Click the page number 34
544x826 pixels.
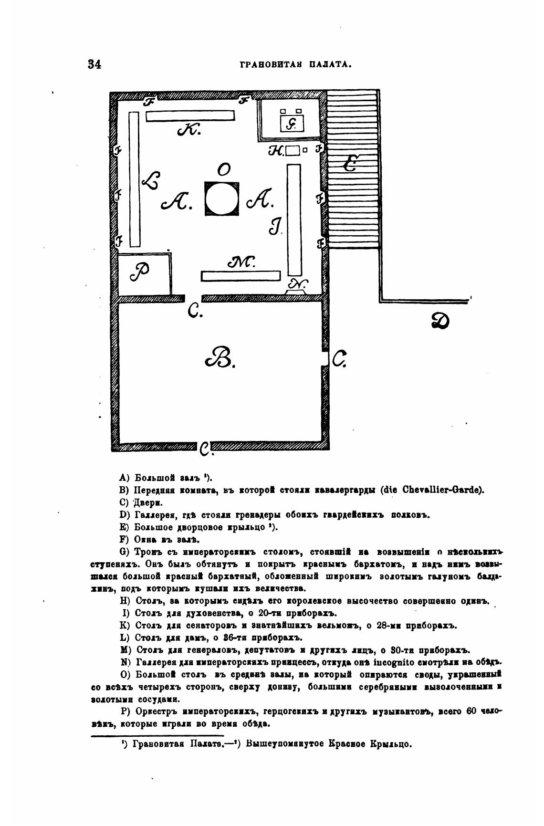coord(94,64)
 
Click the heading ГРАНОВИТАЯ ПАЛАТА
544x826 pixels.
coord(296,64)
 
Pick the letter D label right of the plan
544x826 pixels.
coord(439,321)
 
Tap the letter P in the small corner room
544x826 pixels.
coord(140,272)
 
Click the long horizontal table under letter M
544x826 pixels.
coord(240,275)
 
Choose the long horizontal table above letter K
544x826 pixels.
coord(190,115)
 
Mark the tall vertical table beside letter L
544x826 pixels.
coord(134,179)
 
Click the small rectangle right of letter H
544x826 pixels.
coord(292,151)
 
